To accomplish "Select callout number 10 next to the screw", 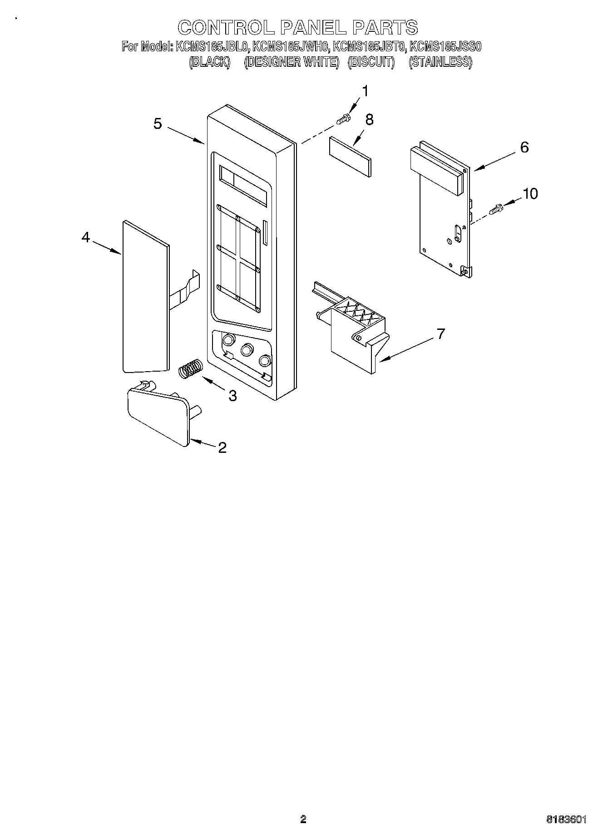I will (x=530, y=194).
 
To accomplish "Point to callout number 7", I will (x=440, y=334).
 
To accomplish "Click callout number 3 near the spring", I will (x=232, y=396).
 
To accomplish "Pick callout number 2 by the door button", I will (x=222, y=448).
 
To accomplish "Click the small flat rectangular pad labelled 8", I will (x=350, y=156).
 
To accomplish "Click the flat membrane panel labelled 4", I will (x=145, y=297).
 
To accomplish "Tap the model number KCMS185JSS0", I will (x=445, y=46).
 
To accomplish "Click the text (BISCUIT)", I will (x=371, y=62).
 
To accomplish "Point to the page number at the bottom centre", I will (x=303, y=819).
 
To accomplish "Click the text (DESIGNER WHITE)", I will (x=292, y=62).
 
